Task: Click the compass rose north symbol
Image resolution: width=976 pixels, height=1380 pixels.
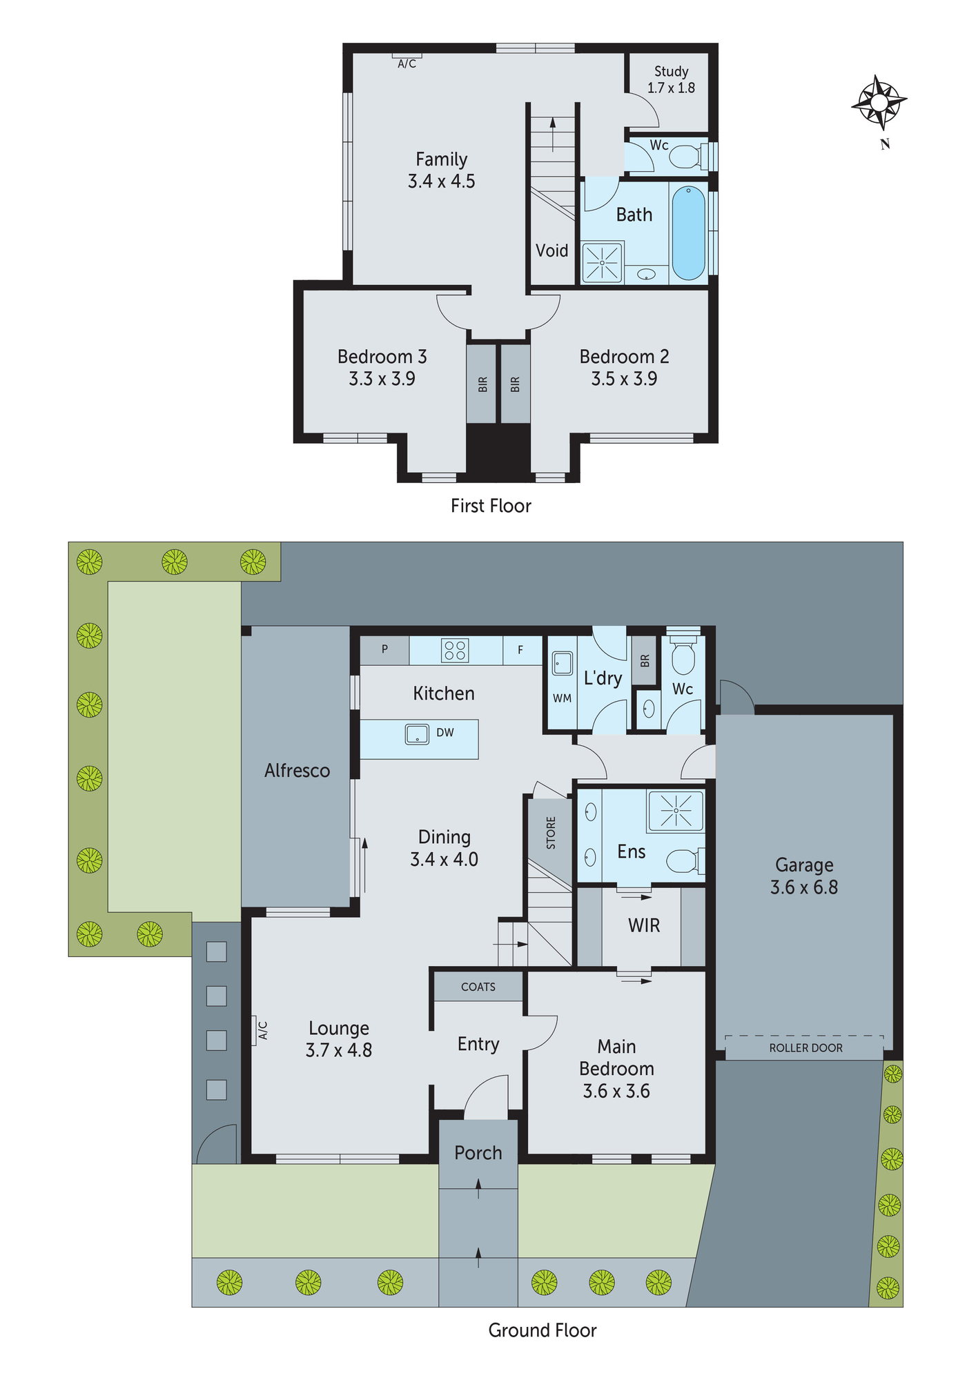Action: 879,103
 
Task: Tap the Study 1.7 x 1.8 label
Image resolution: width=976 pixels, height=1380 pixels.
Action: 671,79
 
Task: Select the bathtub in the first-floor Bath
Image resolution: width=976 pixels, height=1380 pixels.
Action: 688,233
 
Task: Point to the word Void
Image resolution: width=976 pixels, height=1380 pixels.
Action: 552,250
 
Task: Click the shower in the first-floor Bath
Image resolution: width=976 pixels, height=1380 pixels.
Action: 602,262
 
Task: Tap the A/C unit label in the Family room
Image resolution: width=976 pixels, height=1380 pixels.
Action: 407,63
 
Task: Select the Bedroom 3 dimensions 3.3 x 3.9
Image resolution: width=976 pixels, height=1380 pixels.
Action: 382,379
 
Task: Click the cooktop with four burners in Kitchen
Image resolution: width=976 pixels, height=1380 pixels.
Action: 455,650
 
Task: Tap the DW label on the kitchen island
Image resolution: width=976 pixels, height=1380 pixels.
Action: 445,733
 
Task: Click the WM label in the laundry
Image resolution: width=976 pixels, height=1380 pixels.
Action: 562,698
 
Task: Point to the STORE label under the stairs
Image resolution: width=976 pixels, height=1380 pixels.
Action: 551,833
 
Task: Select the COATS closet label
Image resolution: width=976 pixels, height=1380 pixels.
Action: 478,987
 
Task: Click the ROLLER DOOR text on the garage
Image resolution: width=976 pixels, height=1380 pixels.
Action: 806,1048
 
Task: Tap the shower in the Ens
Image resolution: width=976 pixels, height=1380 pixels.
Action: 675,810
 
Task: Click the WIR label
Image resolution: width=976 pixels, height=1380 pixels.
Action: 644,925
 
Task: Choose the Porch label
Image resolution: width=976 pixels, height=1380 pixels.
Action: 478,1153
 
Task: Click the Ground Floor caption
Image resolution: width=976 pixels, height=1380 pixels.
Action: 542,1330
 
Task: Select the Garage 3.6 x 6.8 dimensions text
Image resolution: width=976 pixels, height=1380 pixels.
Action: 804,887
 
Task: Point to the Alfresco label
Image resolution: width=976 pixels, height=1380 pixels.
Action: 297,771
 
